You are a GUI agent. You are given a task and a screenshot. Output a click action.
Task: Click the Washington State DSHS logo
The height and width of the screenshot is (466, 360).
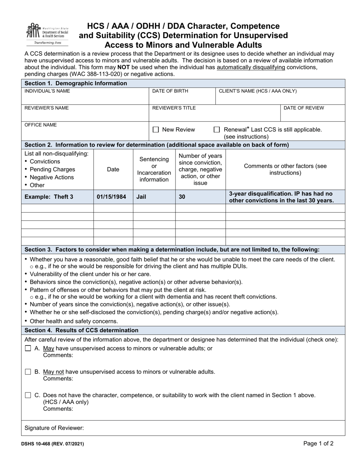point(47,34)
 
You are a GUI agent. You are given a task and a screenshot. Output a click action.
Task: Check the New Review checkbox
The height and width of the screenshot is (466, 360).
point(155,130)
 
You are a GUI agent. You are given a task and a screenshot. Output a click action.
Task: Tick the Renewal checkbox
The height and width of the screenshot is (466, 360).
point(217,130)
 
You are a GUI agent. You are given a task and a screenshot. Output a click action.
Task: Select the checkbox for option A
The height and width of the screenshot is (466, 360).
point(28,348)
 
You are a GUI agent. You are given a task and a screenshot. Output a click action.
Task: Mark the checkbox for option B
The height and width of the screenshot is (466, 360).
point(28,372)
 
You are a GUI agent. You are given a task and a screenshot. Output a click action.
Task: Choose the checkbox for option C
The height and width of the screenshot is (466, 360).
point(28,395)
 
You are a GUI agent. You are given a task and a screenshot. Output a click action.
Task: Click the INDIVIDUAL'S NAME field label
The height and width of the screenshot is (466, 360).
point(47,91)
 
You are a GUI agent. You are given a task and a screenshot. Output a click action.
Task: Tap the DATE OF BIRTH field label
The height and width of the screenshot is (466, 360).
point(170,91)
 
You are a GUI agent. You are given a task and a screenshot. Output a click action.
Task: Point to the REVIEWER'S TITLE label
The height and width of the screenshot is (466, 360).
point(174,108)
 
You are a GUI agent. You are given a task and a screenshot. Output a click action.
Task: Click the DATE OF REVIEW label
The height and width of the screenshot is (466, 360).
point(304,108)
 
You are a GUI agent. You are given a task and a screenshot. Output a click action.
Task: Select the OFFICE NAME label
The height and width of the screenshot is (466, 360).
point(41,125)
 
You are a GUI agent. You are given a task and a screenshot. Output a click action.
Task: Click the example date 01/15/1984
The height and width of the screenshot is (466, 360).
point(111,197)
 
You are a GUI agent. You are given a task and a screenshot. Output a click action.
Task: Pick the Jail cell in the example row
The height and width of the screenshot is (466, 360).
point(141,197)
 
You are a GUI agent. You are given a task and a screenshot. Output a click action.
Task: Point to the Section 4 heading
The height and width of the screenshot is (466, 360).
point(81,330)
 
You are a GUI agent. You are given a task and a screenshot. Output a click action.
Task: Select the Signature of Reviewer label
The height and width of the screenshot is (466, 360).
point(54,428)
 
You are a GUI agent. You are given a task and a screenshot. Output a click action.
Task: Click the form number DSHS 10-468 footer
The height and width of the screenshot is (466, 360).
point(54,444)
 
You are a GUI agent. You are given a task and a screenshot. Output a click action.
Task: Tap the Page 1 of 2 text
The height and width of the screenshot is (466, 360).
point(318,443)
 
